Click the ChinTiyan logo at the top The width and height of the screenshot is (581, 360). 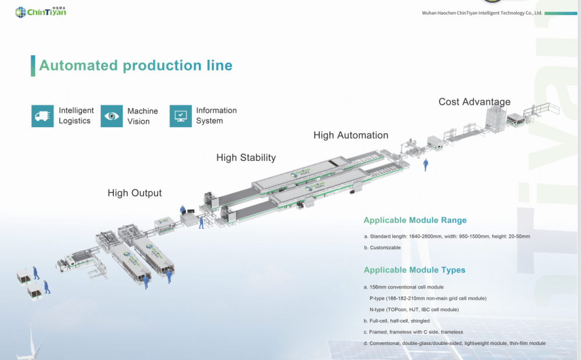click(41, 11)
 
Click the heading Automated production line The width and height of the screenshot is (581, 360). click(135, 66)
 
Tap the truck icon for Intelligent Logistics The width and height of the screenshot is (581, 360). click(42, 116)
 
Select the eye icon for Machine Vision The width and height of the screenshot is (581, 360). click(112, 116)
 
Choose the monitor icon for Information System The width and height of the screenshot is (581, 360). click(181, 116)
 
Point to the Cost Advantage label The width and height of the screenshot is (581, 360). click(474, 102)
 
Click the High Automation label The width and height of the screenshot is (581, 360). click(350, 135)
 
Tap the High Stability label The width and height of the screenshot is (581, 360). click(246, 157)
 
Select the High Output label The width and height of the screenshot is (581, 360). click(134, 193)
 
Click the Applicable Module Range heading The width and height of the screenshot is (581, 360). click(415, 220)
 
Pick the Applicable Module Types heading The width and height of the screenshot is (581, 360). click(414, 270)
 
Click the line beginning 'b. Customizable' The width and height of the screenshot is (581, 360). click(382, 247)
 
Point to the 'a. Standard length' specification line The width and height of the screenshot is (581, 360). click(447, 236)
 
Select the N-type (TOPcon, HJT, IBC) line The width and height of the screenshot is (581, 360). click(414, 309)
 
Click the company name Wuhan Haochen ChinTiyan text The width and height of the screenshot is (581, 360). click(482, 12)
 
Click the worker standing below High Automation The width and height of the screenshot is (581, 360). click(426, 164)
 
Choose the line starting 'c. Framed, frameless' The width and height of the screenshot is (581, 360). click(413, 332)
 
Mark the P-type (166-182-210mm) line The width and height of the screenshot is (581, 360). click(428, 298)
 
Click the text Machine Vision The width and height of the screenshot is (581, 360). click(142, 116)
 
